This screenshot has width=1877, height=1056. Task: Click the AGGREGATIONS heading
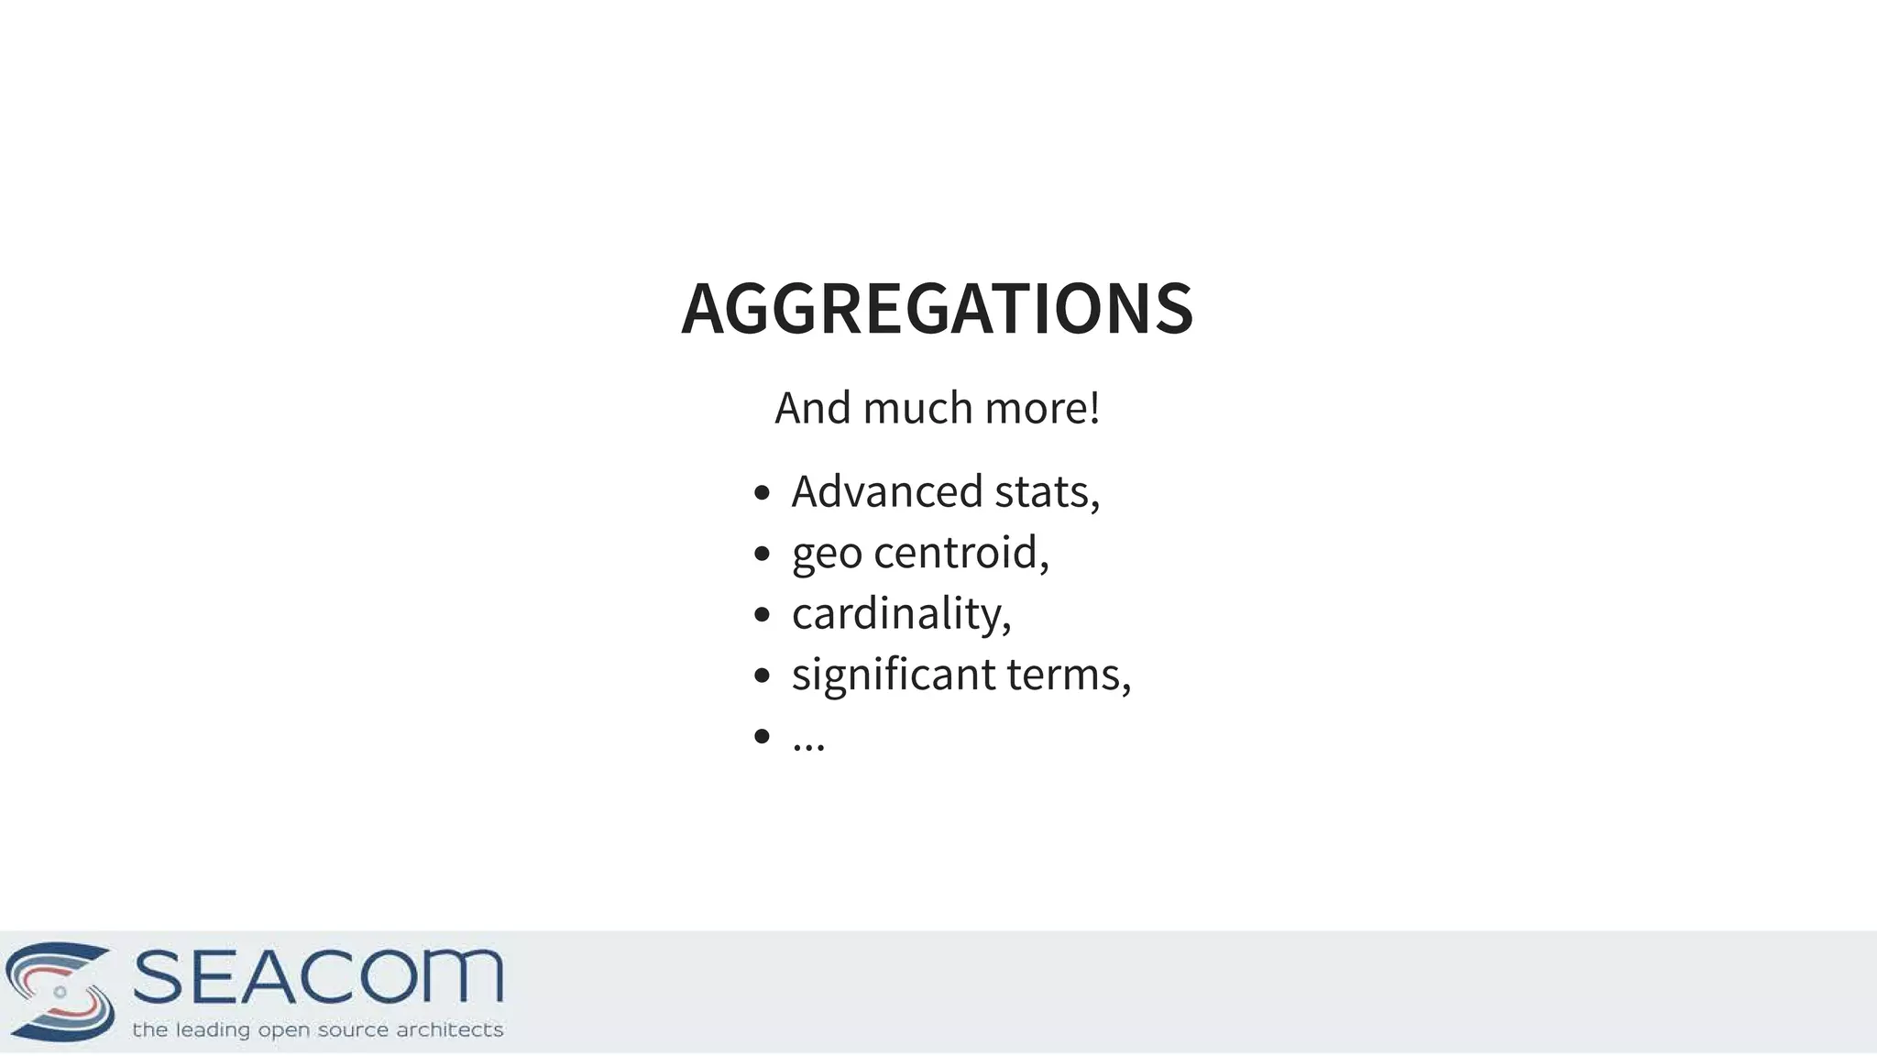(937, 308)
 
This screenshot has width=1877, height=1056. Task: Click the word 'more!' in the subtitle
(1042, 408)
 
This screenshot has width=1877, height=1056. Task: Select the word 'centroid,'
(960, 553)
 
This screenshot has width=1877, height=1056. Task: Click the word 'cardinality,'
(902, 614)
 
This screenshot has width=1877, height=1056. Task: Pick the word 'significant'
(894, 676)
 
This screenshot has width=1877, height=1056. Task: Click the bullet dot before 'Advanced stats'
(761, 493)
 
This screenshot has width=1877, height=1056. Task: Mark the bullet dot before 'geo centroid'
(761, 554)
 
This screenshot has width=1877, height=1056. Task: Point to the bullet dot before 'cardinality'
(761, 615)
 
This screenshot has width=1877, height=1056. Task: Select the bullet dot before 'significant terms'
(761, 676)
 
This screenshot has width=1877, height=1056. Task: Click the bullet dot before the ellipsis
(761, 736)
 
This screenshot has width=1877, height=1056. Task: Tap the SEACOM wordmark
(318, 976)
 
